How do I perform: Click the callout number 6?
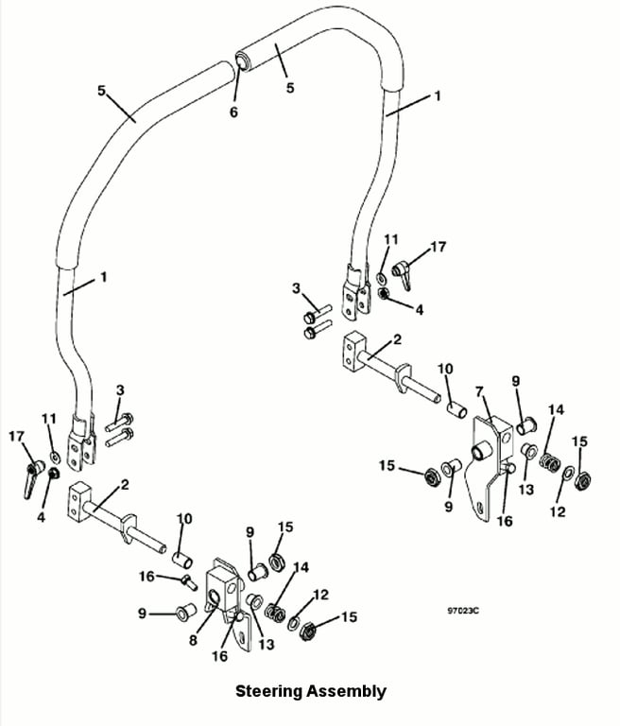click(x=233, y=112)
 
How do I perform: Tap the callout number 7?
click(x=479, y=391)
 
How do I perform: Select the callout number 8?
click(x=193, y=640)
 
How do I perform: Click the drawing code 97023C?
click(x=463, y=611)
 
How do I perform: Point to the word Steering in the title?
click(x=268, y=691)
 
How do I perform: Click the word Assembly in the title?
click(x=346, y=691)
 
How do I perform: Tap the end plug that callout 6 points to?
click(x=243, y=61)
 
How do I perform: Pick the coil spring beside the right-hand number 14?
click(x=550, y=461)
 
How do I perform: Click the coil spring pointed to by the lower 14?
click(x=276, y=613)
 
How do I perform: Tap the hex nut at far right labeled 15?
click(x=581, y=480)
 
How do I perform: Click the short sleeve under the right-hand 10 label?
click(x=456, y=409)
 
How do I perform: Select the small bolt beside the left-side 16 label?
click(x=190, y=581)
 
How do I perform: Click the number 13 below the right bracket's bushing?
click(x=526, y=489)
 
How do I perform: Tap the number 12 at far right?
click(x=558, y=511)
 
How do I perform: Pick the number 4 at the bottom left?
click(x=42, y=517)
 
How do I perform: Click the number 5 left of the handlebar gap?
click(x=102, y=91)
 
